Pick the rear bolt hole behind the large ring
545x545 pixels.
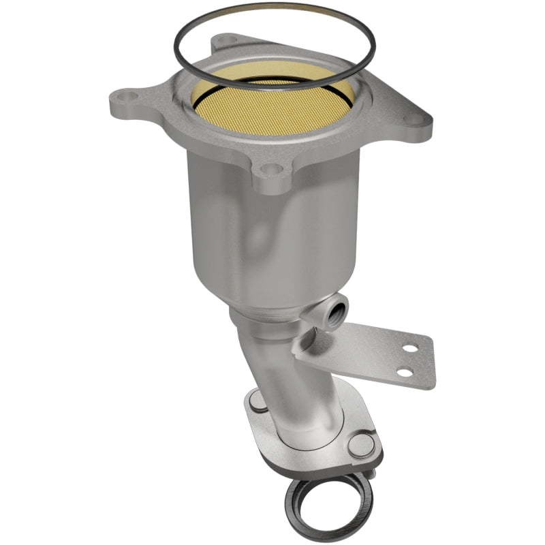(x=219, y=46)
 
